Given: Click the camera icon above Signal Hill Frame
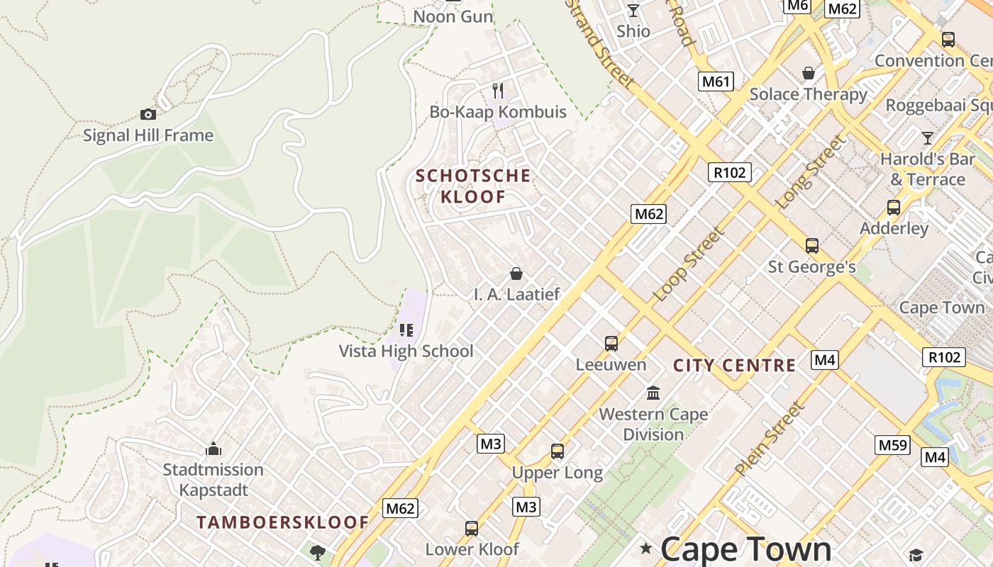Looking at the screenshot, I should tap(148, 114).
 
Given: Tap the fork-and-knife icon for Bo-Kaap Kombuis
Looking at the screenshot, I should tap(498, 90).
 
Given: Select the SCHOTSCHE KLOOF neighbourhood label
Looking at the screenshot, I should tap(473, 186).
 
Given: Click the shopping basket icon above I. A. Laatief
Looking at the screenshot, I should tap(516, 274).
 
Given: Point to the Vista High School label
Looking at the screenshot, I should tap(406, 351).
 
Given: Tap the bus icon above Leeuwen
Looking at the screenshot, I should tap(611, 344).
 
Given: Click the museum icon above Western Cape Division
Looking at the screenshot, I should tap(653, 393).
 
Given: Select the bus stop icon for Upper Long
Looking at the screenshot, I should tap(557, 451).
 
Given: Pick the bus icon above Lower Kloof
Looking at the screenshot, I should tap(472, 528).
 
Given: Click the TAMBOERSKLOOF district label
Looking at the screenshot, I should tap(282, 522).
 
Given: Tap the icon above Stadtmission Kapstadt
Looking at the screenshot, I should tap(213, 449).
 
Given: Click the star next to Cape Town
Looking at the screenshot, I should tap(645, 548).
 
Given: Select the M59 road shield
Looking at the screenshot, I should tap(892, 445).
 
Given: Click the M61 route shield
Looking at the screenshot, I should tap(715, 82).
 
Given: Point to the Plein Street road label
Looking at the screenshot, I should tap(770, 439).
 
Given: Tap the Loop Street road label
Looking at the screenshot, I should tap(689, 264).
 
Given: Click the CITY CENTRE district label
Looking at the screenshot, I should tap(734, 366).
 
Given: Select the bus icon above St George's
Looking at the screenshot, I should tap(812, 246).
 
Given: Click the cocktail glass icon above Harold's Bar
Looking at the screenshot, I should tap(927, 137).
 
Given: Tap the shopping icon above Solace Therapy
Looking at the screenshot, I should tap(808, 73).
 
